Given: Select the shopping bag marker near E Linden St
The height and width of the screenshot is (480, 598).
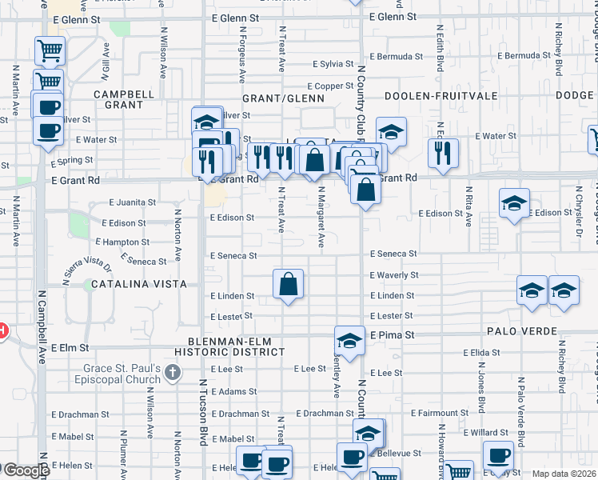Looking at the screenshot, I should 288,285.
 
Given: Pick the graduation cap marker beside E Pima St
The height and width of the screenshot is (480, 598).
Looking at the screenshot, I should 349,341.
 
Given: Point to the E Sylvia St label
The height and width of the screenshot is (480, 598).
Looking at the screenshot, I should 333,63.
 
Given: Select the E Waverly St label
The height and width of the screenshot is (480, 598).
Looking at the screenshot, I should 394,275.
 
